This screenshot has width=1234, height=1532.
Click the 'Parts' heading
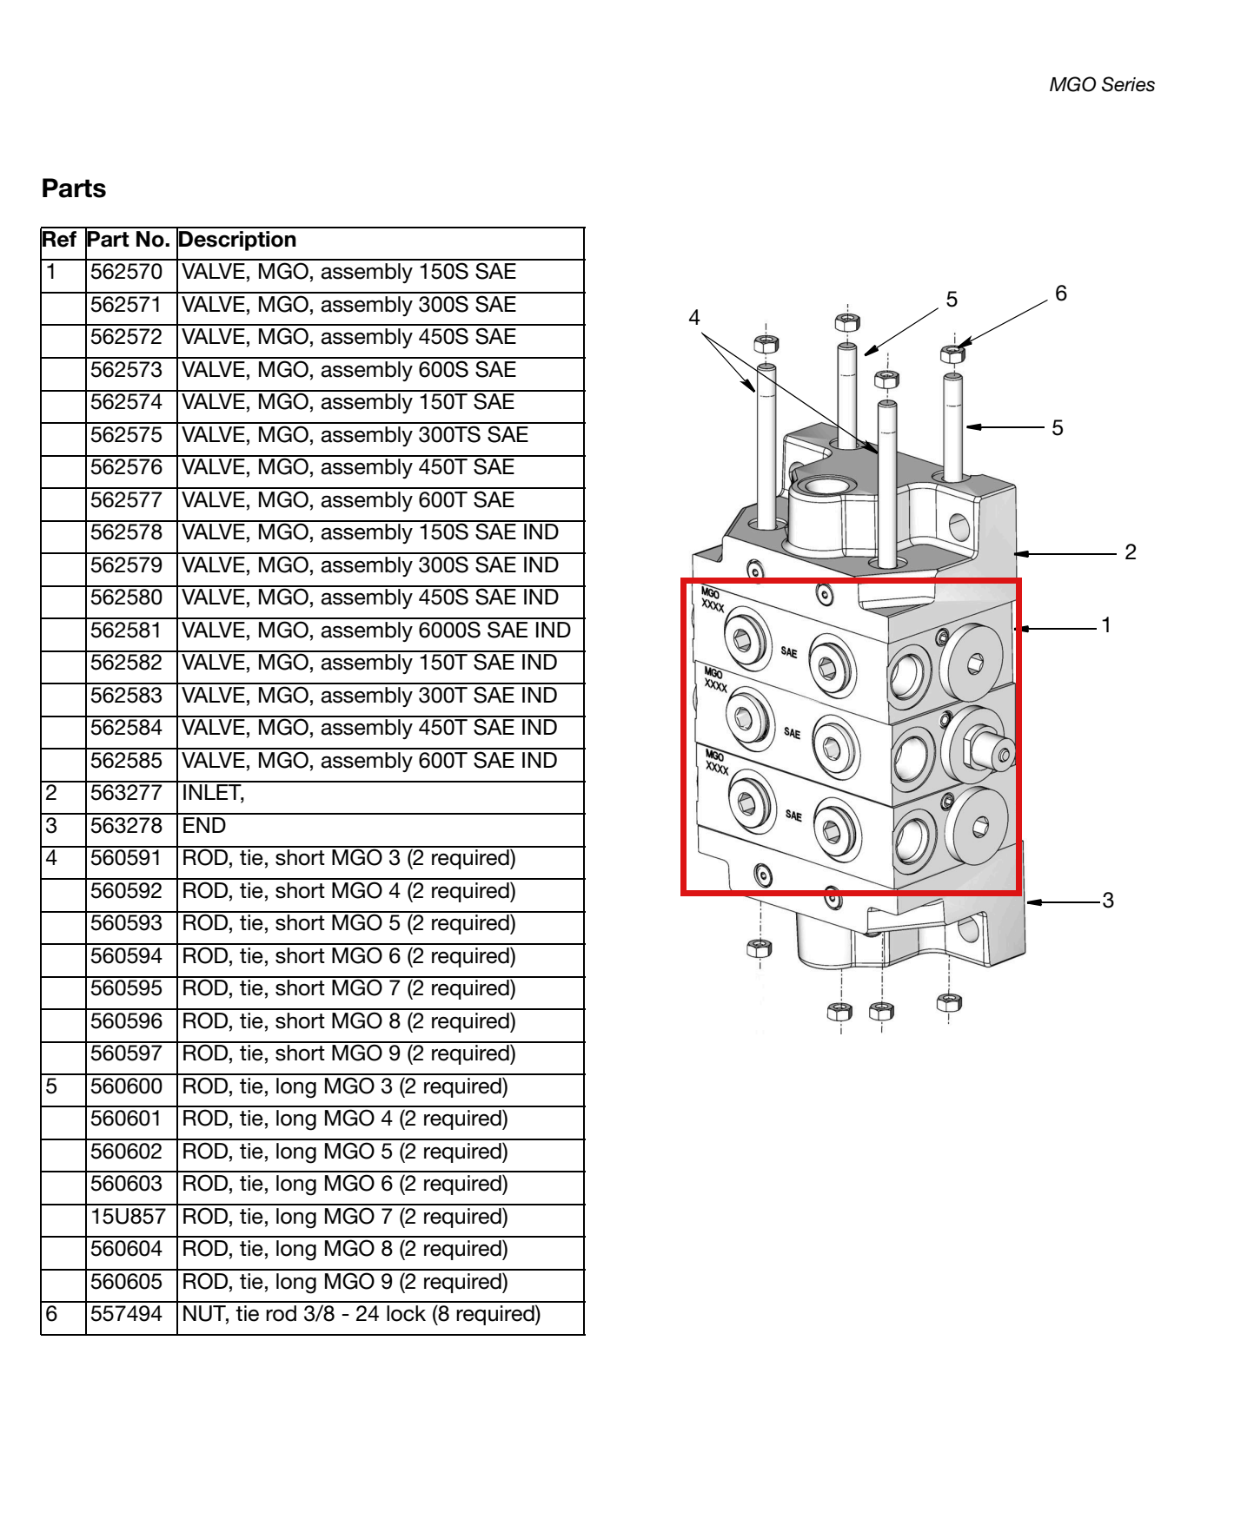pyautogui.click(x=74, y=188)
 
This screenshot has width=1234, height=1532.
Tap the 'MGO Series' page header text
pyautogui.click(x=1102, y=85)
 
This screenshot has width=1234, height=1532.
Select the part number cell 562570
pyautogui.click(x=127, y=272)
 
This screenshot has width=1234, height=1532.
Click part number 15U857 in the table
pyautogui.click(x=128, y=1217)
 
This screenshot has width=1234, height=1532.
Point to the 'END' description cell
pyautogui.click(x=203, y=826)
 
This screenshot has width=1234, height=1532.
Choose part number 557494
pyautogui.click(x=127, y=1314)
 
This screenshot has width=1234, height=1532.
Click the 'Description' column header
pyautogui.click(x=237, y=240)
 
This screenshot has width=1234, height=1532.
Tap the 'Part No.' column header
pyautogui.click(x=129, y=240)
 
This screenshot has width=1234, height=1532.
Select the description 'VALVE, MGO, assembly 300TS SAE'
pyautogui.click(x=355, y=435)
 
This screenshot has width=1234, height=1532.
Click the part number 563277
pyautogui.click(x=127, y=793)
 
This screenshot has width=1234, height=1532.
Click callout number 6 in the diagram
pyautogui.click(x=1061, y=294)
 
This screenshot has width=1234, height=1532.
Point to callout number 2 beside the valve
pyautogui.click(x=1131, y=552)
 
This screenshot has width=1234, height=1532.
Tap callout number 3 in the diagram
pyautogui.click(x=1108, y=901)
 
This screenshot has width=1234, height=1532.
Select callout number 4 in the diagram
pyautogui.click(x=694, y=318)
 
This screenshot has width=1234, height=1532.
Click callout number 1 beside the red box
pyautogui.click(x=1106, y=625)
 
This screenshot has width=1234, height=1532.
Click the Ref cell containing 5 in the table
pyautogui.click(x=51, y=1086)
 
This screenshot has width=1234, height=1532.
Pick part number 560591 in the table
pyautogui.click(x=127, y=858)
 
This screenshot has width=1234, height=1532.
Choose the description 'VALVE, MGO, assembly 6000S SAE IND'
pyautogui.click(x=376, y=631)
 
